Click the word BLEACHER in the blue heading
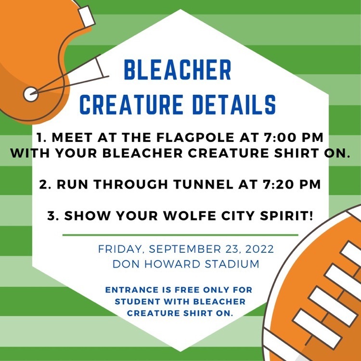coord(178,69)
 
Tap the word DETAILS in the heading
coord(234,104)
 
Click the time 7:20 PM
coord(291,184)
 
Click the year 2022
coord(259,249)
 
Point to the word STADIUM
coord(232,264)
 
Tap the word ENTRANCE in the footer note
coord(132,290)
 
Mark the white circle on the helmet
coord(31,94)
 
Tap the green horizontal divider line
coord(180,235)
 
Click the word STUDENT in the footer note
coord(138,302)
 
